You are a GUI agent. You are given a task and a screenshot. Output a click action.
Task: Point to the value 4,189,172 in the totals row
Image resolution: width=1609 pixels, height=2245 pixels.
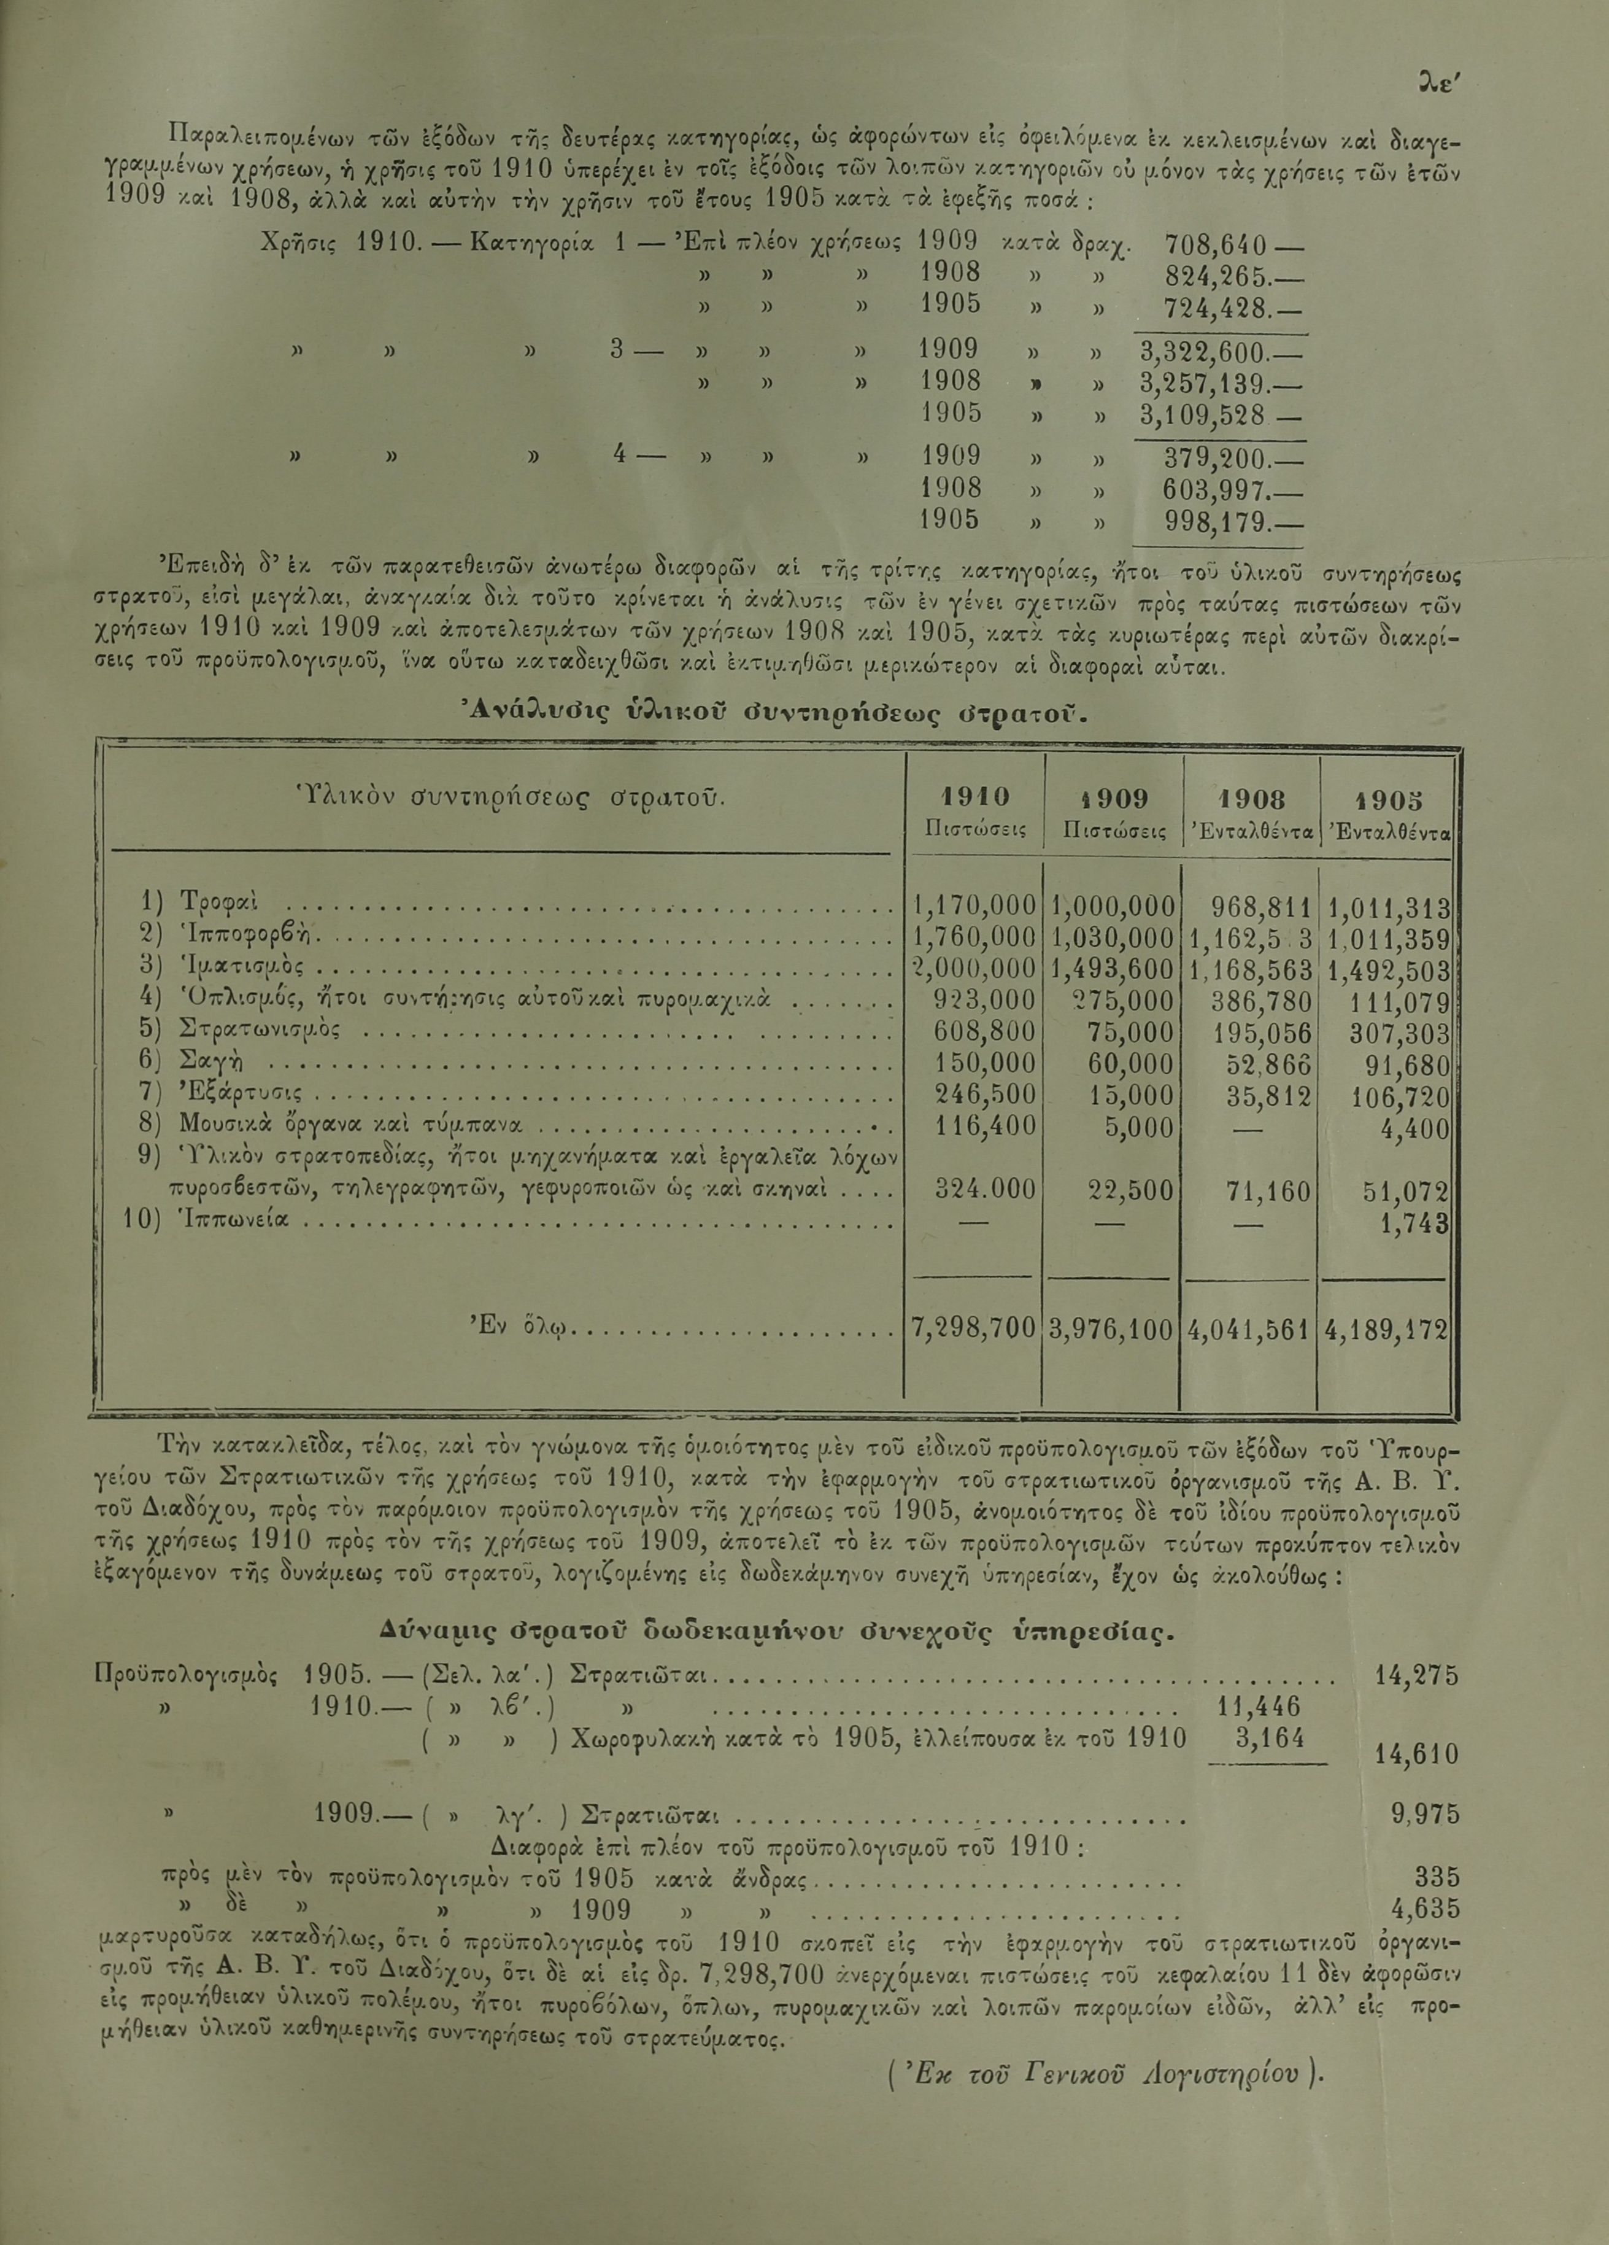click(x=1388, y=1329)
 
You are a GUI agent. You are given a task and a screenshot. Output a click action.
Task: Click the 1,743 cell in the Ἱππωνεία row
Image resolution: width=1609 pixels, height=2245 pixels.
click(x=1415, y=1223)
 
